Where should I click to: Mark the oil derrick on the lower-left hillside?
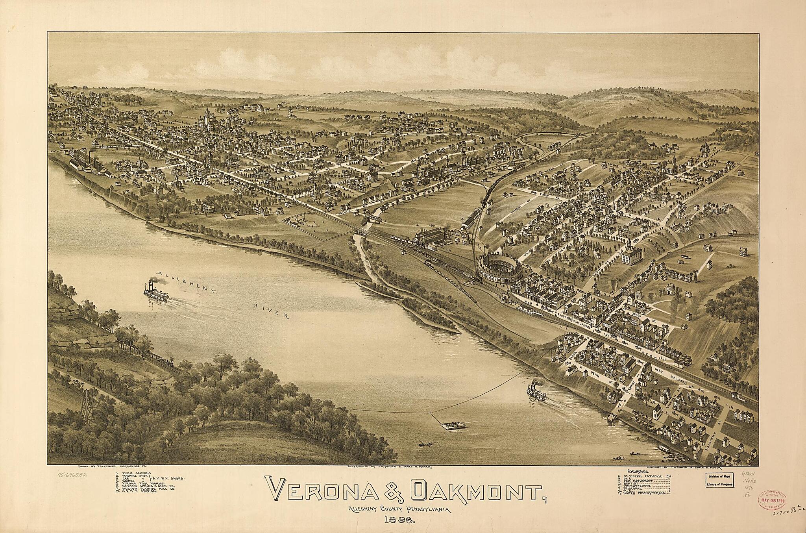coord(87,407)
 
